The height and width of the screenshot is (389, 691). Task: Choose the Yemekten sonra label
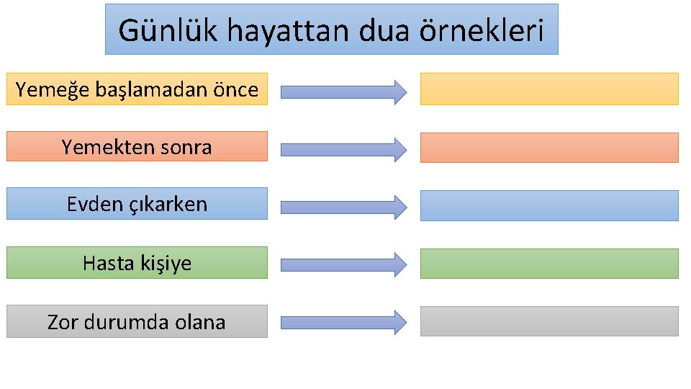pyautogui.click(x=137, y=148)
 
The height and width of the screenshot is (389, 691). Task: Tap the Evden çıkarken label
pyautogui.click(x=137, y=205)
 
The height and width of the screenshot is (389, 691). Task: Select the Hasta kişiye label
pyautogui.click(x=137, y=263)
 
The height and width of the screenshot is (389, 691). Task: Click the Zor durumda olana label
pyautogui.click(x=137, y=322)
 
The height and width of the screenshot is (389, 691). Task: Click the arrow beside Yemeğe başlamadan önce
pyautogui.click(x=343, y=91)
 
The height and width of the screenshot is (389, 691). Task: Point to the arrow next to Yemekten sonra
pyautogui.click(x=343, y=149)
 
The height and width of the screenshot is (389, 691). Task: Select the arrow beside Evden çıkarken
pyautogui.click(x=343, y=207)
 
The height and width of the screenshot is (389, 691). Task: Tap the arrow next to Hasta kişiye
pyautogui.click(x=343, y=264)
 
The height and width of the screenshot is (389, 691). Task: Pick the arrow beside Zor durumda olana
pyautogui.click(x=343, y=322)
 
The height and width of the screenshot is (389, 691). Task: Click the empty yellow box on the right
pyautogui.click(x=549, y=89)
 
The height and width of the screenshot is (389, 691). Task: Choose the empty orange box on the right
pyautogui.click(x=549, y=147)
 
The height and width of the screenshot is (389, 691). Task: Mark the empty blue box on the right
pyautogui.click(x=549, y=205)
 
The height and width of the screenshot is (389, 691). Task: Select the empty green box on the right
pyautogui.click(x=549, y=264)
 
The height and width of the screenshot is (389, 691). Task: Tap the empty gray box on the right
pyautogui.click(x=549, y=321)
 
